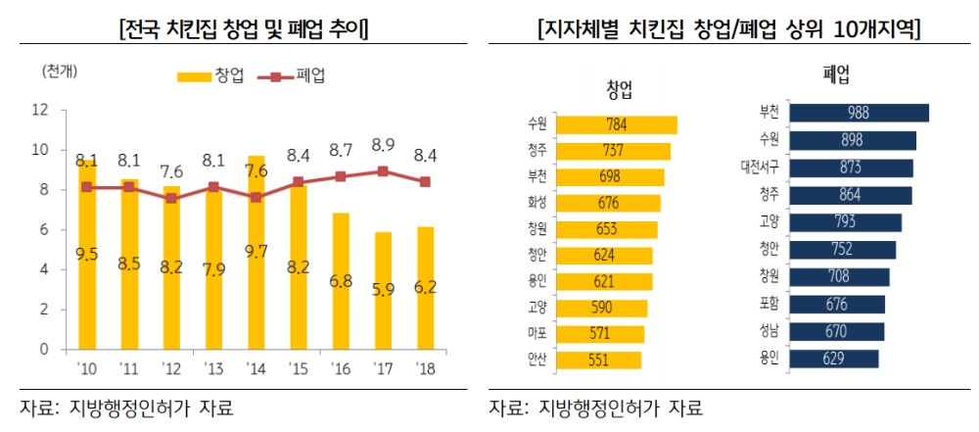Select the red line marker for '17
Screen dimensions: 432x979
tap(383, 170)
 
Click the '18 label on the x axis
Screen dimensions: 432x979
tap(425, 369)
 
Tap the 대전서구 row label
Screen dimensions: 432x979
tap(761, 168)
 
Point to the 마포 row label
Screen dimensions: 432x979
tap(536, 334)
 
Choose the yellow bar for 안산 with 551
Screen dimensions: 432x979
tap(597, 360)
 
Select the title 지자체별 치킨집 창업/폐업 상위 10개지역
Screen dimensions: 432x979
tap(729, 29)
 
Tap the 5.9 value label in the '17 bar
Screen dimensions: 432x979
tap(383, 291)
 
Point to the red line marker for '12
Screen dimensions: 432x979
tap(171, 198)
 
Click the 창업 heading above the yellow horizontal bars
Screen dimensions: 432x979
tap(619, 91)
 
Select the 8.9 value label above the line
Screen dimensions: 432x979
tap(383, 146)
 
